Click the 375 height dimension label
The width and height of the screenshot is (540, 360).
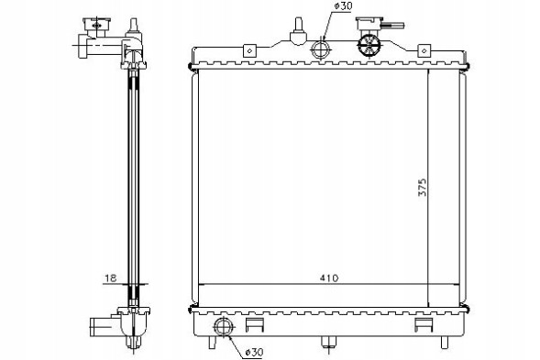click(423, 187)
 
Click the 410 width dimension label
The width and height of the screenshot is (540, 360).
click(329, 278)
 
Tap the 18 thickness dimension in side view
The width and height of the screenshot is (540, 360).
click(111, 278)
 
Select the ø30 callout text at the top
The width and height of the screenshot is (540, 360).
click(343, 5)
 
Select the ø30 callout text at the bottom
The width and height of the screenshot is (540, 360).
click(254, 352)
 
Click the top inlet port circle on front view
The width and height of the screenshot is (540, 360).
click(321, 49)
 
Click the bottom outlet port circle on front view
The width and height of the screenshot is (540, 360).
click(224, 327)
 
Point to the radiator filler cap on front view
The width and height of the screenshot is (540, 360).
click(369, 45)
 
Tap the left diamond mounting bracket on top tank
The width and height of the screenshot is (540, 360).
click(249, 50)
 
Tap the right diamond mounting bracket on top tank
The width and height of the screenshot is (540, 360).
click(424, 50)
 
